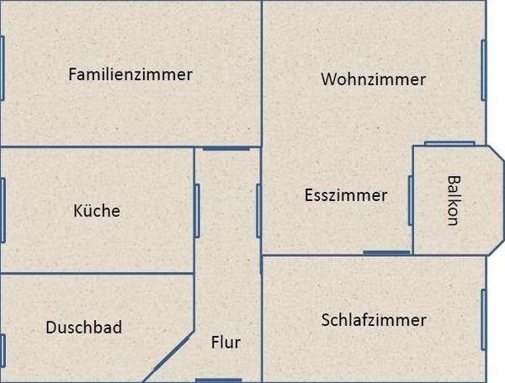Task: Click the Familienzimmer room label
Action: (x=130, y=74)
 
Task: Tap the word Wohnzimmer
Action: (x=374, y=79)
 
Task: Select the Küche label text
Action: (x=97, y=210)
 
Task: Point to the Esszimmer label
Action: (x=346, y=195)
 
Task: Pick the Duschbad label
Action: (x=84, y=327)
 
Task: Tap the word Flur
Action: (x=226, y=342)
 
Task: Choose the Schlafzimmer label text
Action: (x=374, y=320)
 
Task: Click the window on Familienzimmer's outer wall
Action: (x=3, y=68)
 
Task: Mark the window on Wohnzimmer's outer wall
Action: (x=483, y=70)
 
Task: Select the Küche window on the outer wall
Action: (x=3, y=210)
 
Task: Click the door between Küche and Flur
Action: (x=197, y=211)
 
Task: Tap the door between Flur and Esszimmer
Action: (x=258, y=211)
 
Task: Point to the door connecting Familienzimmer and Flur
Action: (x=226, y=148)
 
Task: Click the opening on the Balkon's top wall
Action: (x=449, y=143)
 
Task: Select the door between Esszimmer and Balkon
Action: (x=411, y=200)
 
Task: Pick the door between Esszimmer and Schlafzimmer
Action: (x=386, y=253)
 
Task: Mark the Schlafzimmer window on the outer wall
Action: (x=483, y=320)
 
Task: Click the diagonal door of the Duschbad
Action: (x=172, y=353)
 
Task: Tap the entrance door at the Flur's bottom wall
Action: (x=218, y=380)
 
